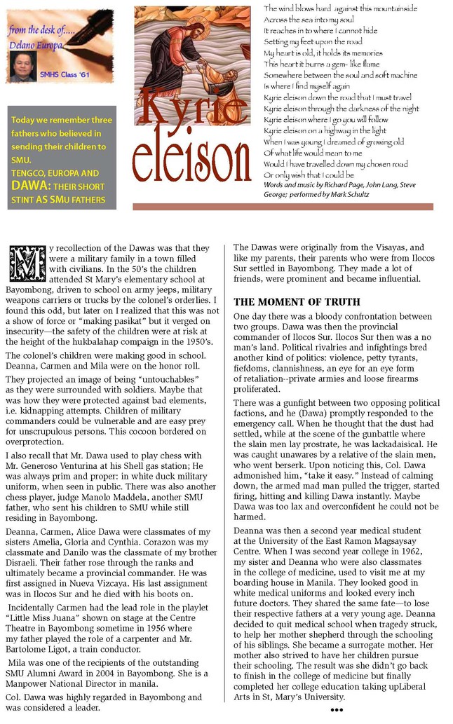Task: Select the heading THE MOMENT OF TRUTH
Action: point(297,302)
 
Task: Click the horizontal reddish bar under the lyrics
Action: point(283,207)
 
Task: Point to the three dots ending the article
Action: point(337,710)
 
